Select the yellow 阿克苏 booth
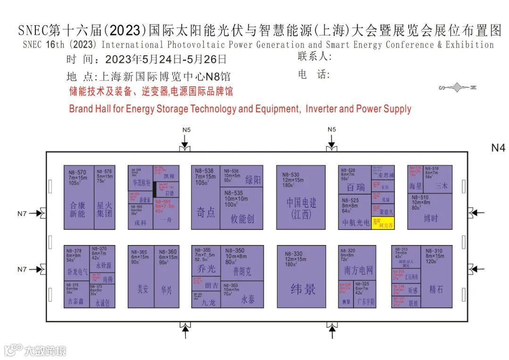click(x=383, y=223)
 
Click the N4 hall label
click(x=498, y=148)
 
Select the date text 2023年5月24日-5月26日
click(x=166, y=60)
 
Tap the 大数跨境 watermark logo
click(x=35, y=350)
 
